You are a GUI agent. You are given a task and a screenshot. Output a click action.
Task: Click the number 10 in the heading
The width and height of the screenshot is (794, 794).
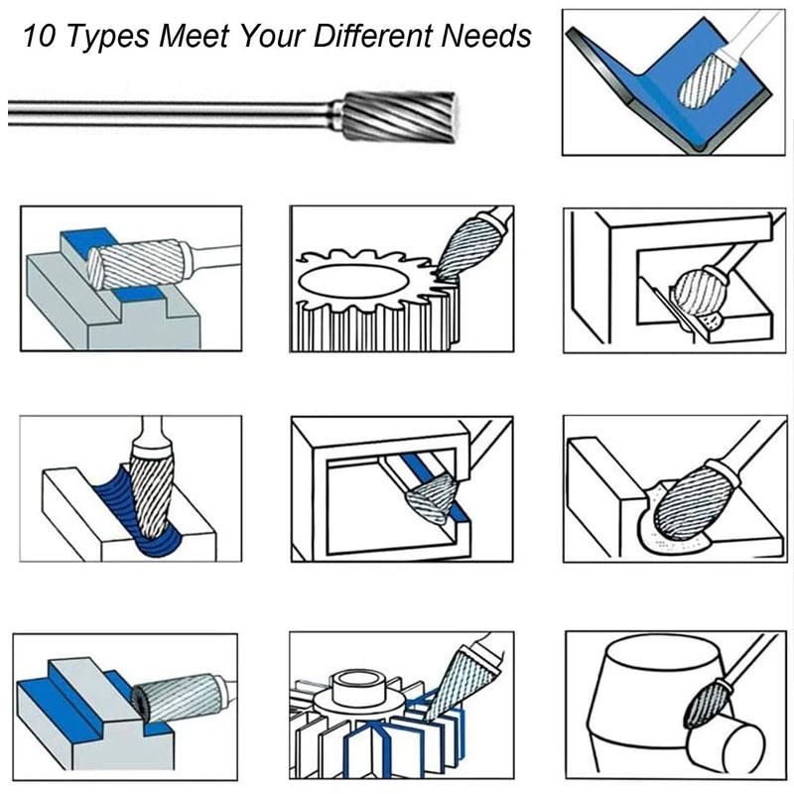[38, 37]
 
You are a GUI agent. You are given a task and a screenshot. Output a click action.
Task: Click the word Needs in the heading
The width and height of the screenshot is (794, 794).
[485, 37]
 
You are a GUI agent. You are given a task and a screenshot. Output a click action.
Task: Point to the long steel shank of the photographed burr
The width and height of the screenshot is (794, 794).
[169, 111]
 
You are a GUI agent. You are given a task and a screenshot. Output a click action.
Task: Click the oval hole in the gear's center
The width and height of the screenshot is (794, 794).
[353, 282]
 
